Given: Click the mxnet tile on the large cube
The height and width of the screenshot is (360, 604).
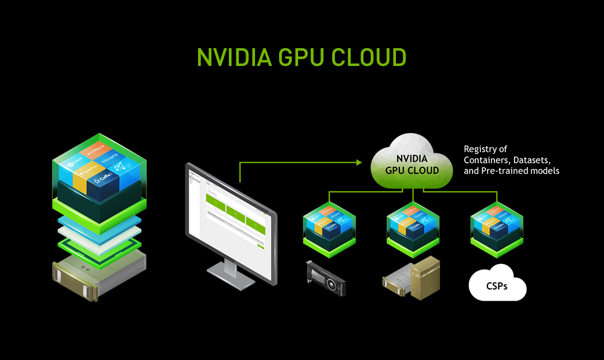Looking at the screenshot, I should point(74,164).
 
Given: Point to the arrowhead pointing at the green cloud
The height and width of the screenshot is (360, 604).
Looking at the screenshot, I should point(360,163).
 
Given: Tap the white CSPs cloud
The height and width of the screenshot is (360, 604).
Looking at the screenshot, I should point(497,285).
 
